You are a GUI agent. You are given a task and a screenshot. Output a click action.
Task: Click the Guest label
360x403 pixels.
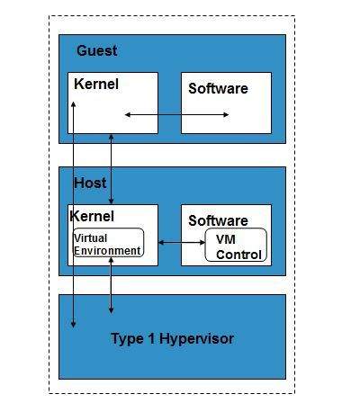pyautogui.click(x=96, y=51)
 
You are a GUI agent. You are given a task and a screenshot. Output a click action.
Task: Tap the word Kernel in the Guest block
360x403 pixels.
pyautogui.click(x=96, y=85)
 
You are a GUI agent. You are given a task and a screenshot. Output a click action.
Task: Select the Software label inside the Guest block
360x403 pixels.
pyautogui.click(x=218, y=88)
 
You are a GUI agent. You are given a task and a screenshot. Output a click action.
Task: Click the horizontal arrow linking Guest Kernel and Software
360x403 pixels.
pyautogui.click(x=176, y=114)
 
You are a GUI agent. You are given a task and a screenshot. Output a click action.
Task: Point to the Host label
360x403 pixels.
pyautogui.click(x=89, y=183)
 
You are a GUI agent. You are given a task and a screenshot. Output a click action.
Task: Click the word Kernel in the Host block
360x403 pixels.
pyautogui.click(x=92, y=217)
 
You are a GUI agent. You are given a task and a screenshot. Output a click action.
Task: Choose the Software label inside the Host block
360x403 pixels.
pyautogui.click(x=218, y=220)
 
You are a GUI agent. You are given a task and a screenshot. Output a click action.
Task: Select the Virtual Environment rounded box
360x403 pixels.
pyautogui.click(x=107, y=244)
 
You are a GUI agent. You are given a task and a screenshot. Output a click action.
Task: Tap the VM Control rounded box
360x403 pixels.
pyautogui.click(x=236, y=245)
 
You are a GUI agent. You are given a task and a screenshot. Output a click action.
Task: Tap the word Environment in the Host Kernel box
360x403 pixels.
pyautogui.click(x=107, y=250)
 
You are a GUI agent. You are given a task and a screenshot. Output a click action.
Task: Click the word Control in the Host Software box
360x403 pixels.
pyautogui.click(x=239, y=255)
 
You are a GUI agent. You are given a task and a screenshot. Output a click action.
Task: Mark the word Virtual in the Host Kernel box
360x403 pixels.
pyautogui.click(x=90, y=238)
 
